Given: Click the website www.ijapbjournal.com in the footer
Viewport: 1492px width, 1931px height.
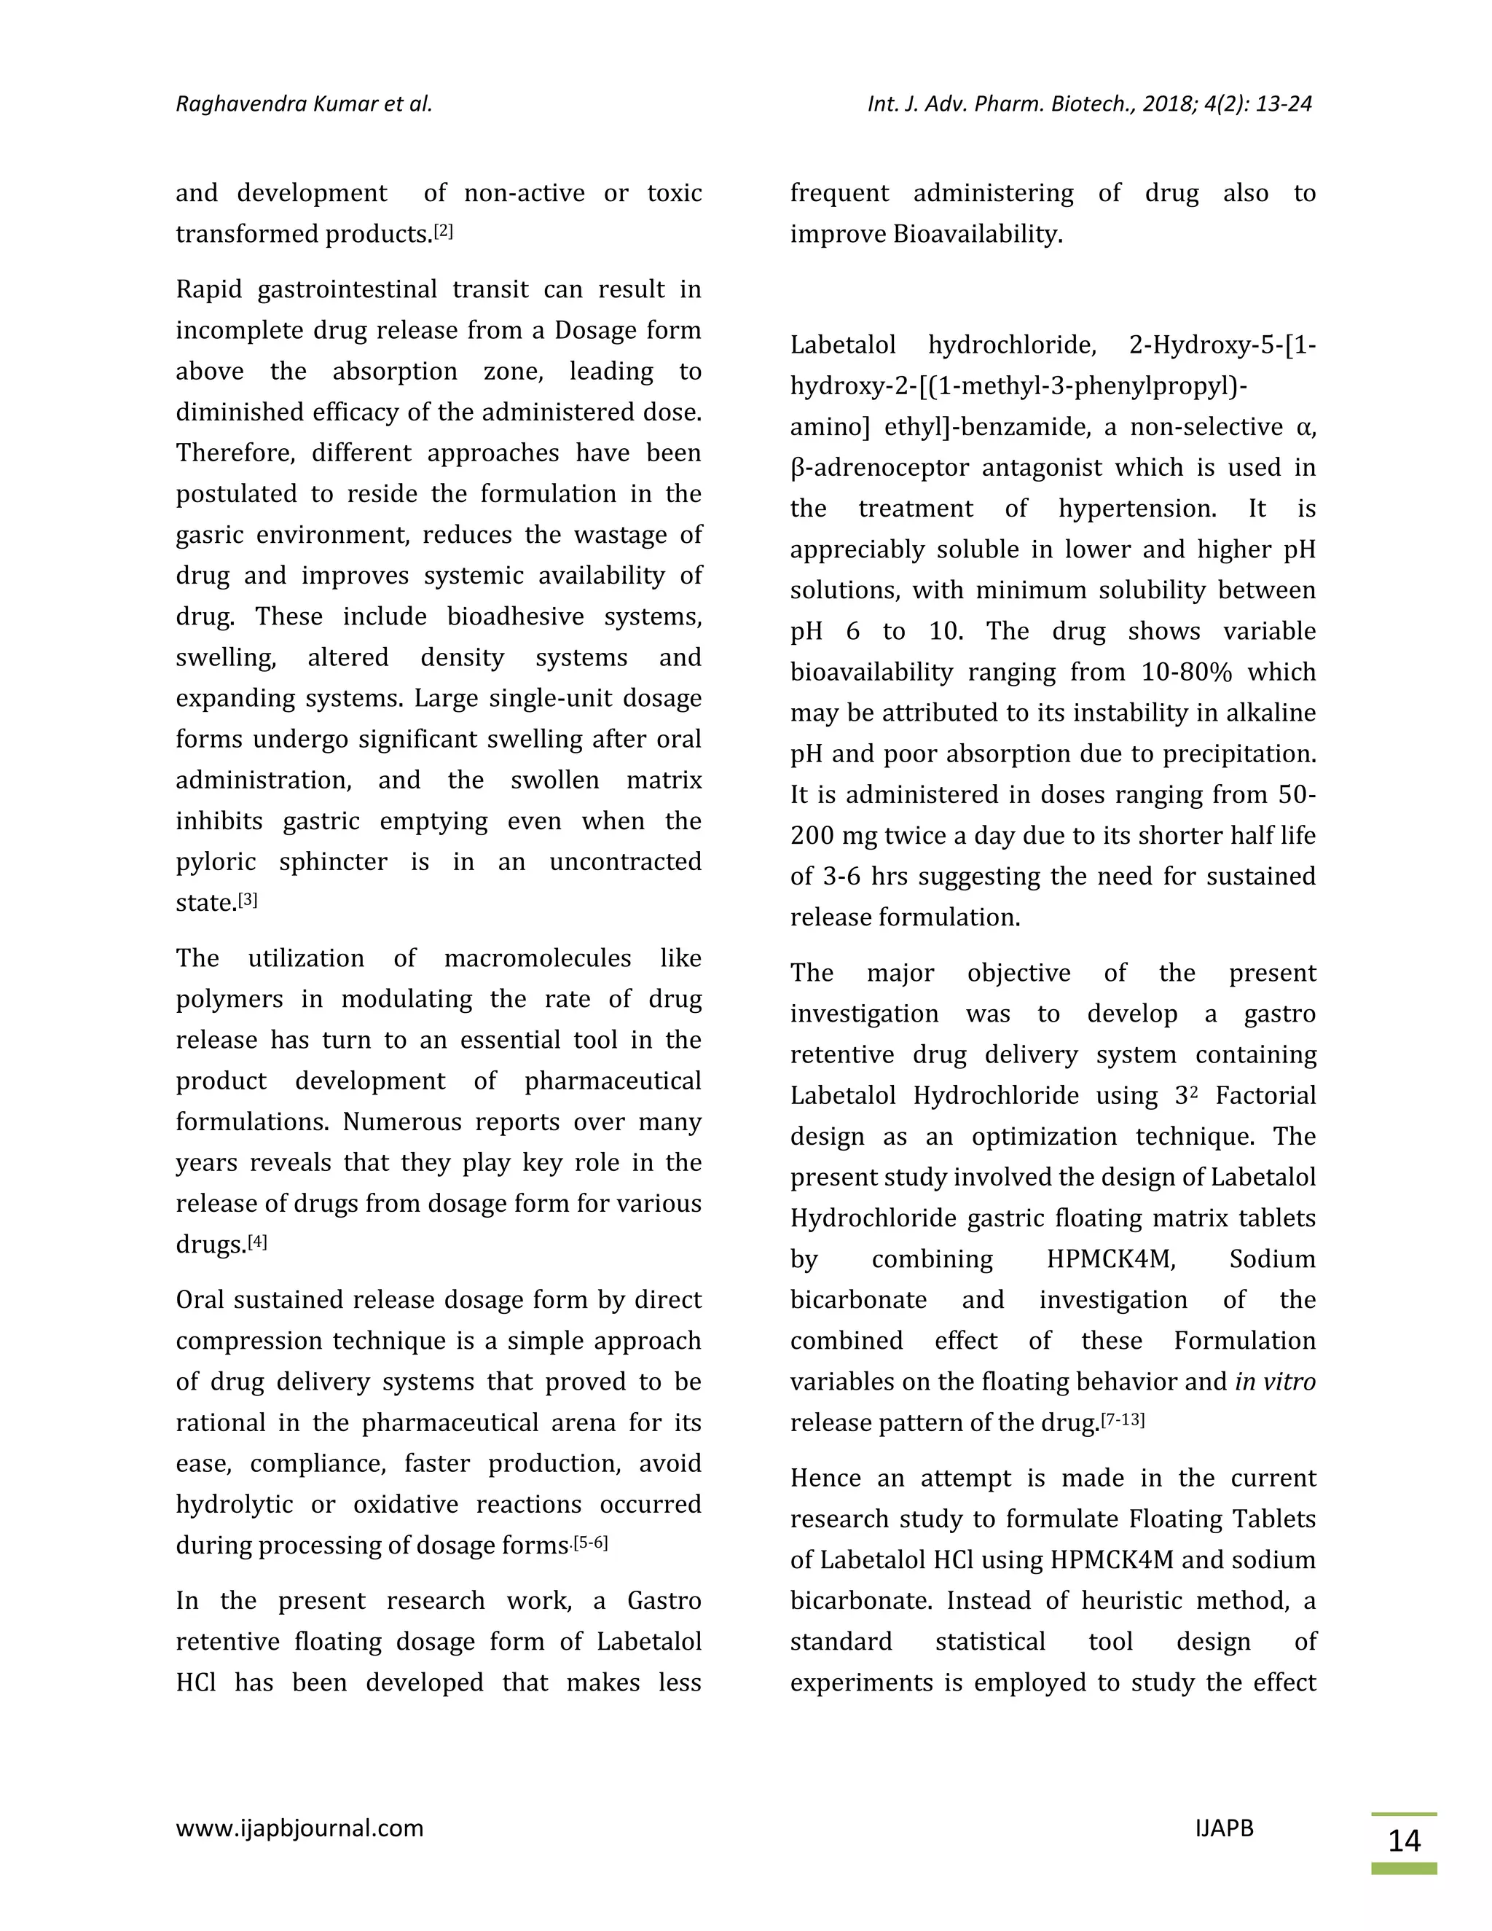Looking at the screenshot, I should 299,1828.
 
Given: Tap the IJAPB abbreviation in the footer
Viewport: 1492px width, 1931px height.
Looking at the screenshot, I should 1223,1828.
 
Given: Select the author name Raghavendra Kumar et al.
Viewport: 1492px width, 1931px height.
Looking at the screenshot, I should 304,104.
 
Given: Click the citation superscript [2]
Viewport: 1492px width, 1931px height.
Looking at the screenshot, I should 443,231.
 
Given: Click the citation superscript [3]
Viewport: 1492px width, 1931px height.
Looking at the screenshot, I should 248,899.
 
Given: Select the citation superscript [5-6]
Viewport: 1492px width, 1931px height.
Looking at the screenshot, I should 590,1543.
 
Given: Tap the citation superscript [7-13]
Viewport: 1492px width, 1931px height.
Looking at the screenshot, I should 1123,1420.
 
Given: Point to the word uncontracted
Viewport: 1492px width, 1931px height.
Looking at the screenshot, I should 625,862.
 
